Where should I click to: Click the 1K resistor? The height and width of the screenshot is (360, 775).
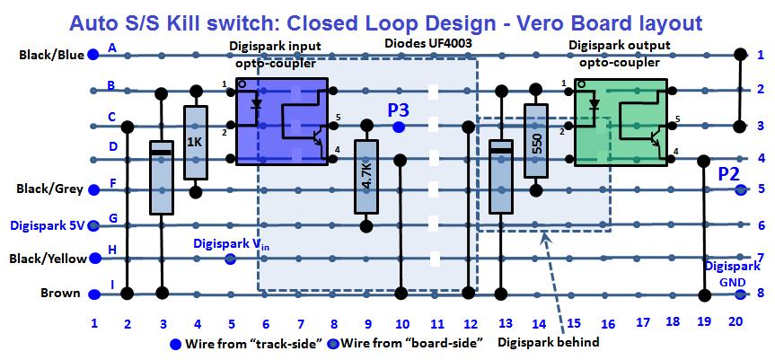pos(196,143)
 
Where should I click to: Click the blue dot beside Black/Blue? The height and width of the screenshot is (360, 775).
pos(93,56)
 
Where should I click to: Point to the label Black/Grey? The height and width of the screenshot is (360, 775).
pos(50,189)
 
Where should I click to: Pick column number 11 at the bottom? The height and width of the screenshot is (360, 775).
pos(436,323)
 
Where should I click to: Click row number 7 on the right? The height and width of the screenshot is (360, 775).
pos(760,258)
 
